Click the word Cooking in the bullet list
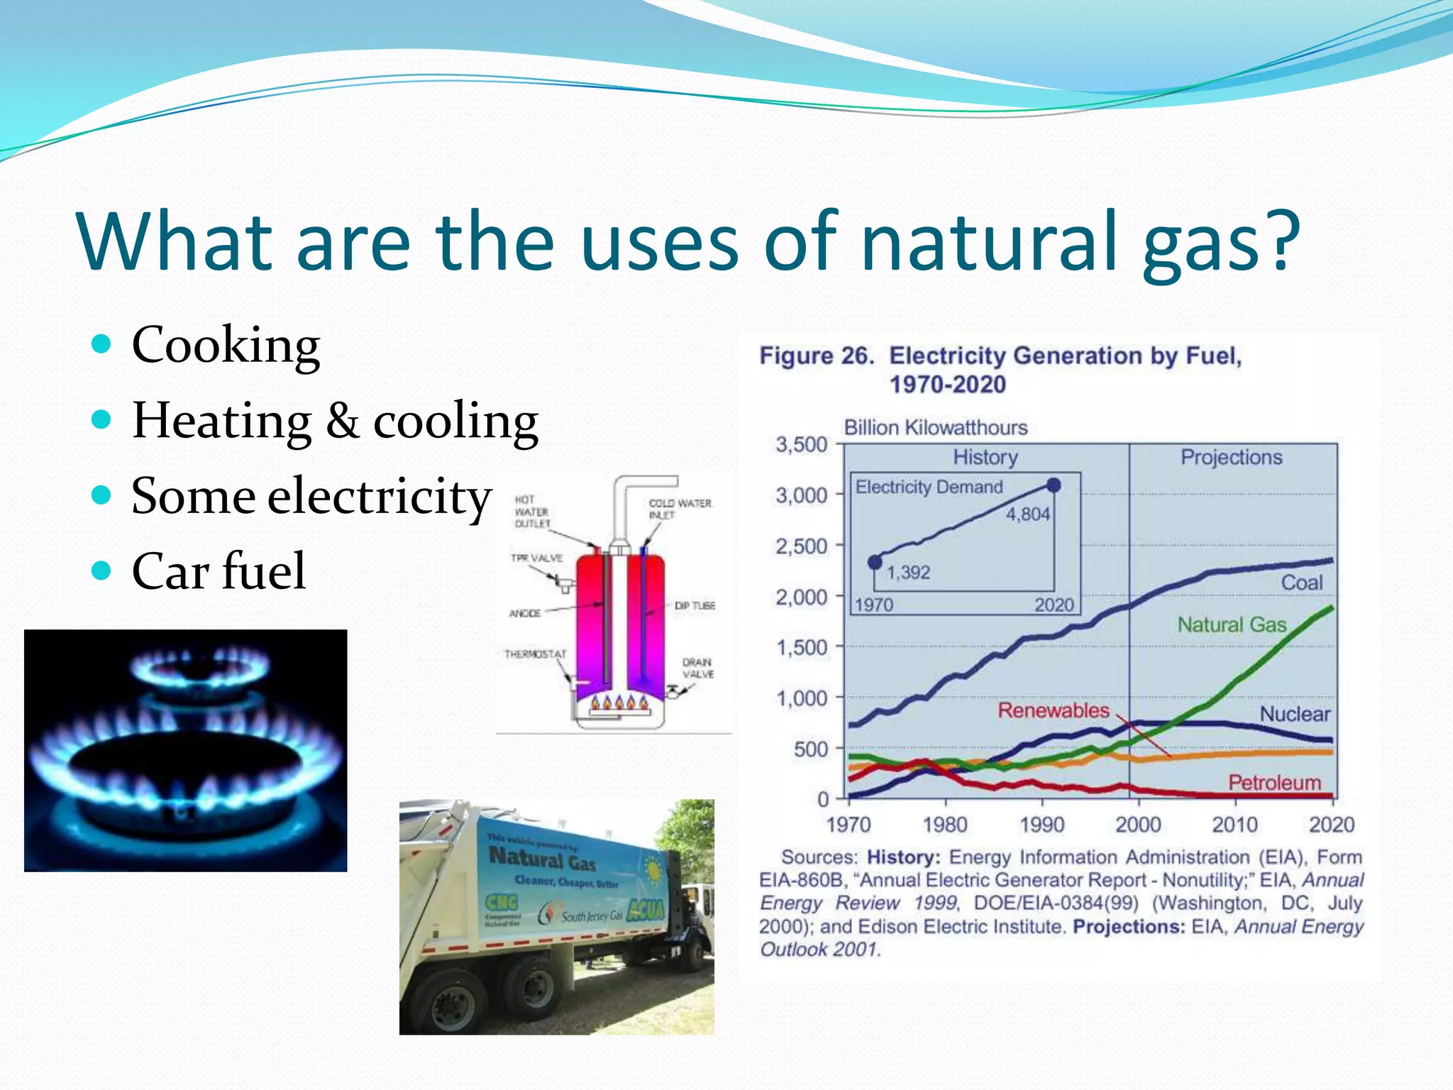pos(226,346)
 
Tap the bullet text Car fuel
pos(219,571)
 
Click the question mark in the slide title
pos(1282,241)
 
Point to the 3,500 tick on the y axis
pos(802,445)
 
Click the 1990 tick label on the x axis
pos(1042,825)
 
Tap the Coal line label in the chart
pos(1301,583)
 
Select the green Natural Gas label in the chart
pos(1232,624)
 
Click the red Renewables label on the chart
pos(1053,710)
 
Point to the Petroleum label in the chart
pos(1274,782)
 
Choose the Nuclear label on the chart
pos(1294,714)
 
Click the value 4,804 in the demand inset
pos(1027,514)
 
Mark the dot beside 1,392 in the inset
pos(875,562)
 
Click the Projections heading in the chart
pos(1231,457)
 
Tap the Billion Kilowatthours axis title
pos(935,427)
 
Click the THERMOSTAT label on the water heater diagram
pos(535,654)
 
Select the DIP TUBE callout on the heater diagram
pos(695,605)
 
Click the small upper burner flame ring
pos(200,668)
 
